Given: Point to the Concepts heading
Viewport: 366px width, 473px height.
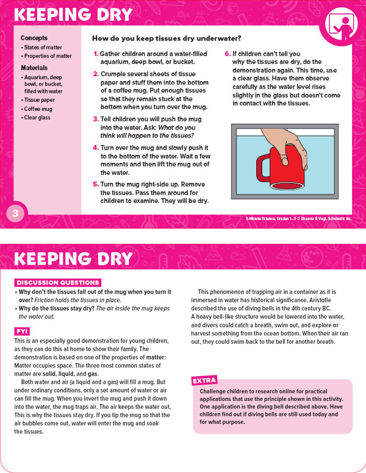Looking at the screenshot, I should click(x=34, y=38).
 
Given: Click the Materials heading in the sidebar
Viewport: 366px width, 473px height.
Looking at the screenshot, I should click(x=35, y=68).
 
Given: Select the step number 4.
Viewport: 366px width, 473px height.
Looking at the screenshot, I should click(x=95, y=148).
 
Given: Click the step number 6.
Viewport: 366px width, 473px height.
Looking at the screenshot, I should click(x=228, y=54).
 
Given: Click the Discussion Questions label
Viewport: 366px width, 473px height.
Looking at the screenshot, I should click(x=57, y=283).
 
